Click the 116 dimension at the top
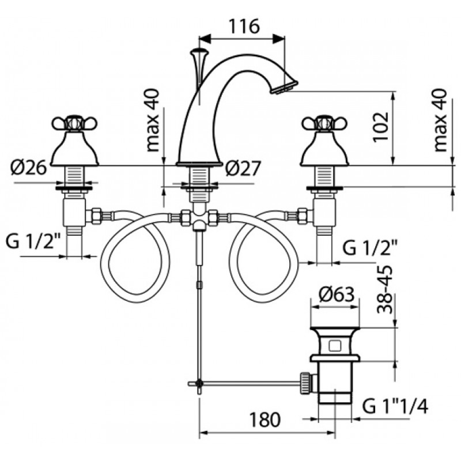pyautogui.click(x=244, y=26)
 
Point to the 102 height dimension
pyautogui.click(x=381, y=127)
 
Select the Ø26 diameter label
pyautogui.click(x=28, y=168)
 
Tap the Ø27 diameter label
pyautogui.click(x=243, y=169)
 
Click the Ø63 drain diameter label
pyautogui.click(x=337, y=294)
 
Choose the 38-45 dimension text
pyautogui.click(x=385, y=289)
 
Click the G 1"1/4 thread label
pyautogui.click(x=395, y=407)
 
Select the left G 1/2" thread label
pyautogui.click(x=33, y=241)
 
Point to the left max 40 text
pyautogui.click(x=153, y=120)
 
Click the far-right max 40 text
pyautogui.click(x=440, y=120)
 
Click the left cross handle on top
pyautogui.click(x=74, y=123)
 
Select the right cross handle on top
pyautogui.click(x=324, y=123)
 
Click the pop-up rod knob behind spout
pyautogui.click(x=199, y=54)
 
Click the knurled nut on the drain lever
pyautogui.click(x=305, y=383)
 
